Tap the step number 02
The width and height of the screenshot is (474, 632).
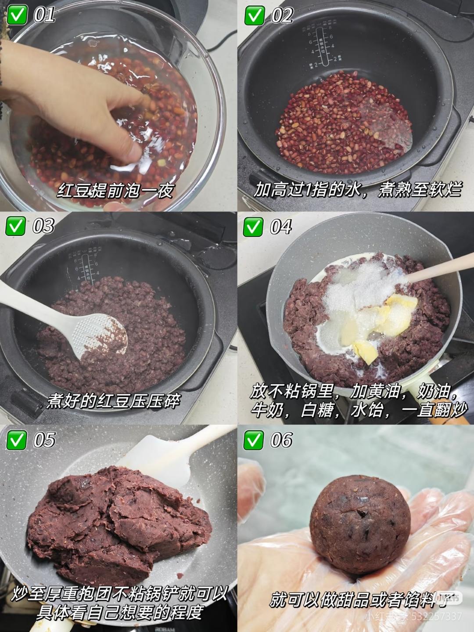(282, 16)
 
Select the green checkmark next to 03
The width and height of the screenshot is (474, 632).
(15, 226)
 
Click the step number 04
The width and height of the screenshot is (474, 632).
(281, 227)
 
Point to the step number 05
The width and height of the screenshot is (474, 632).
(44, 440)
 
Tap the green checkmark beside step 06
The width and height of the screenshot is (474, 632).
(253, 440)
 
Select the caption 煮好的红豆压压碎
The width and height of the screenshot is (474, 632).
(113, 401)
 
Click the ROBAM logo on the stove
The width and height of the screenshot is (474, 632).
(165, 629)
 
